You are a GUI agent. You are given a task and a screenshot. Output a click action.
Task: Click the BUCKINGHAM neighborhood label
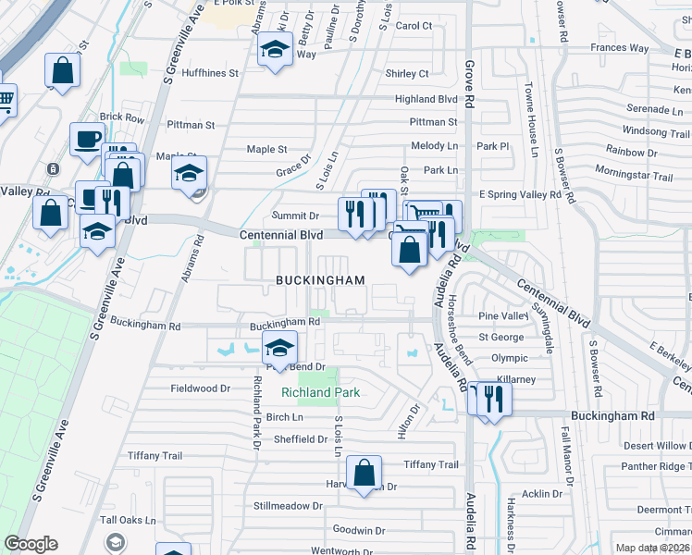[x=319, y=279]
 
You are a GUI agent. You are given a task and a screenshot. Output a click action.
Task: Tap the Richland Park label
[x=320, y=393]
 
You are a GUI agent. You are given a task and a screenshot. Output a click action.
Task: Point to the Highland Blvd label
[x=426, y=99]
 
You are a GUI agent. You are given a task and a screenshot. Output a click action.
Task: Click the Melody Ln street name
[x=435, y=146]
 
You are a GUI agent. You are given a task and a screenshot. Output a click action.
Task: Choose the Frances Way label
[x=619, y=48]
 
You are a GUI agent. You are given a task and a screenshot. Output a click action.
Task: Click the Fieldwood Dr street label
[x=199, y=388]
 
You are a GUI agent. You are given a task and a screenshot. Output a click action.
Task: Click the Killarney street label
[x=515, y=379]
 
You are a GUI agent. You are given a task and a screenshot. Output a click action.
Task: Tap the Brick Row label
[x=122, y=118]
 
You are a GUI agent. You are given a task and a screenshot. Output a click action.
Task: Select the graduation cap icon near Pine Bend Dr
[x=278, y=349]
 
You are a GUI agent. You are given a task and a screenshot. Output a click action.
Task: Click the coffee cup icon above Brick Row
[x=88, y=139]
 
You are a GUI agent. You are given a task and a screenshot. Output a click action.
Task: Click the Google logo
[x=31, y=544]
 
